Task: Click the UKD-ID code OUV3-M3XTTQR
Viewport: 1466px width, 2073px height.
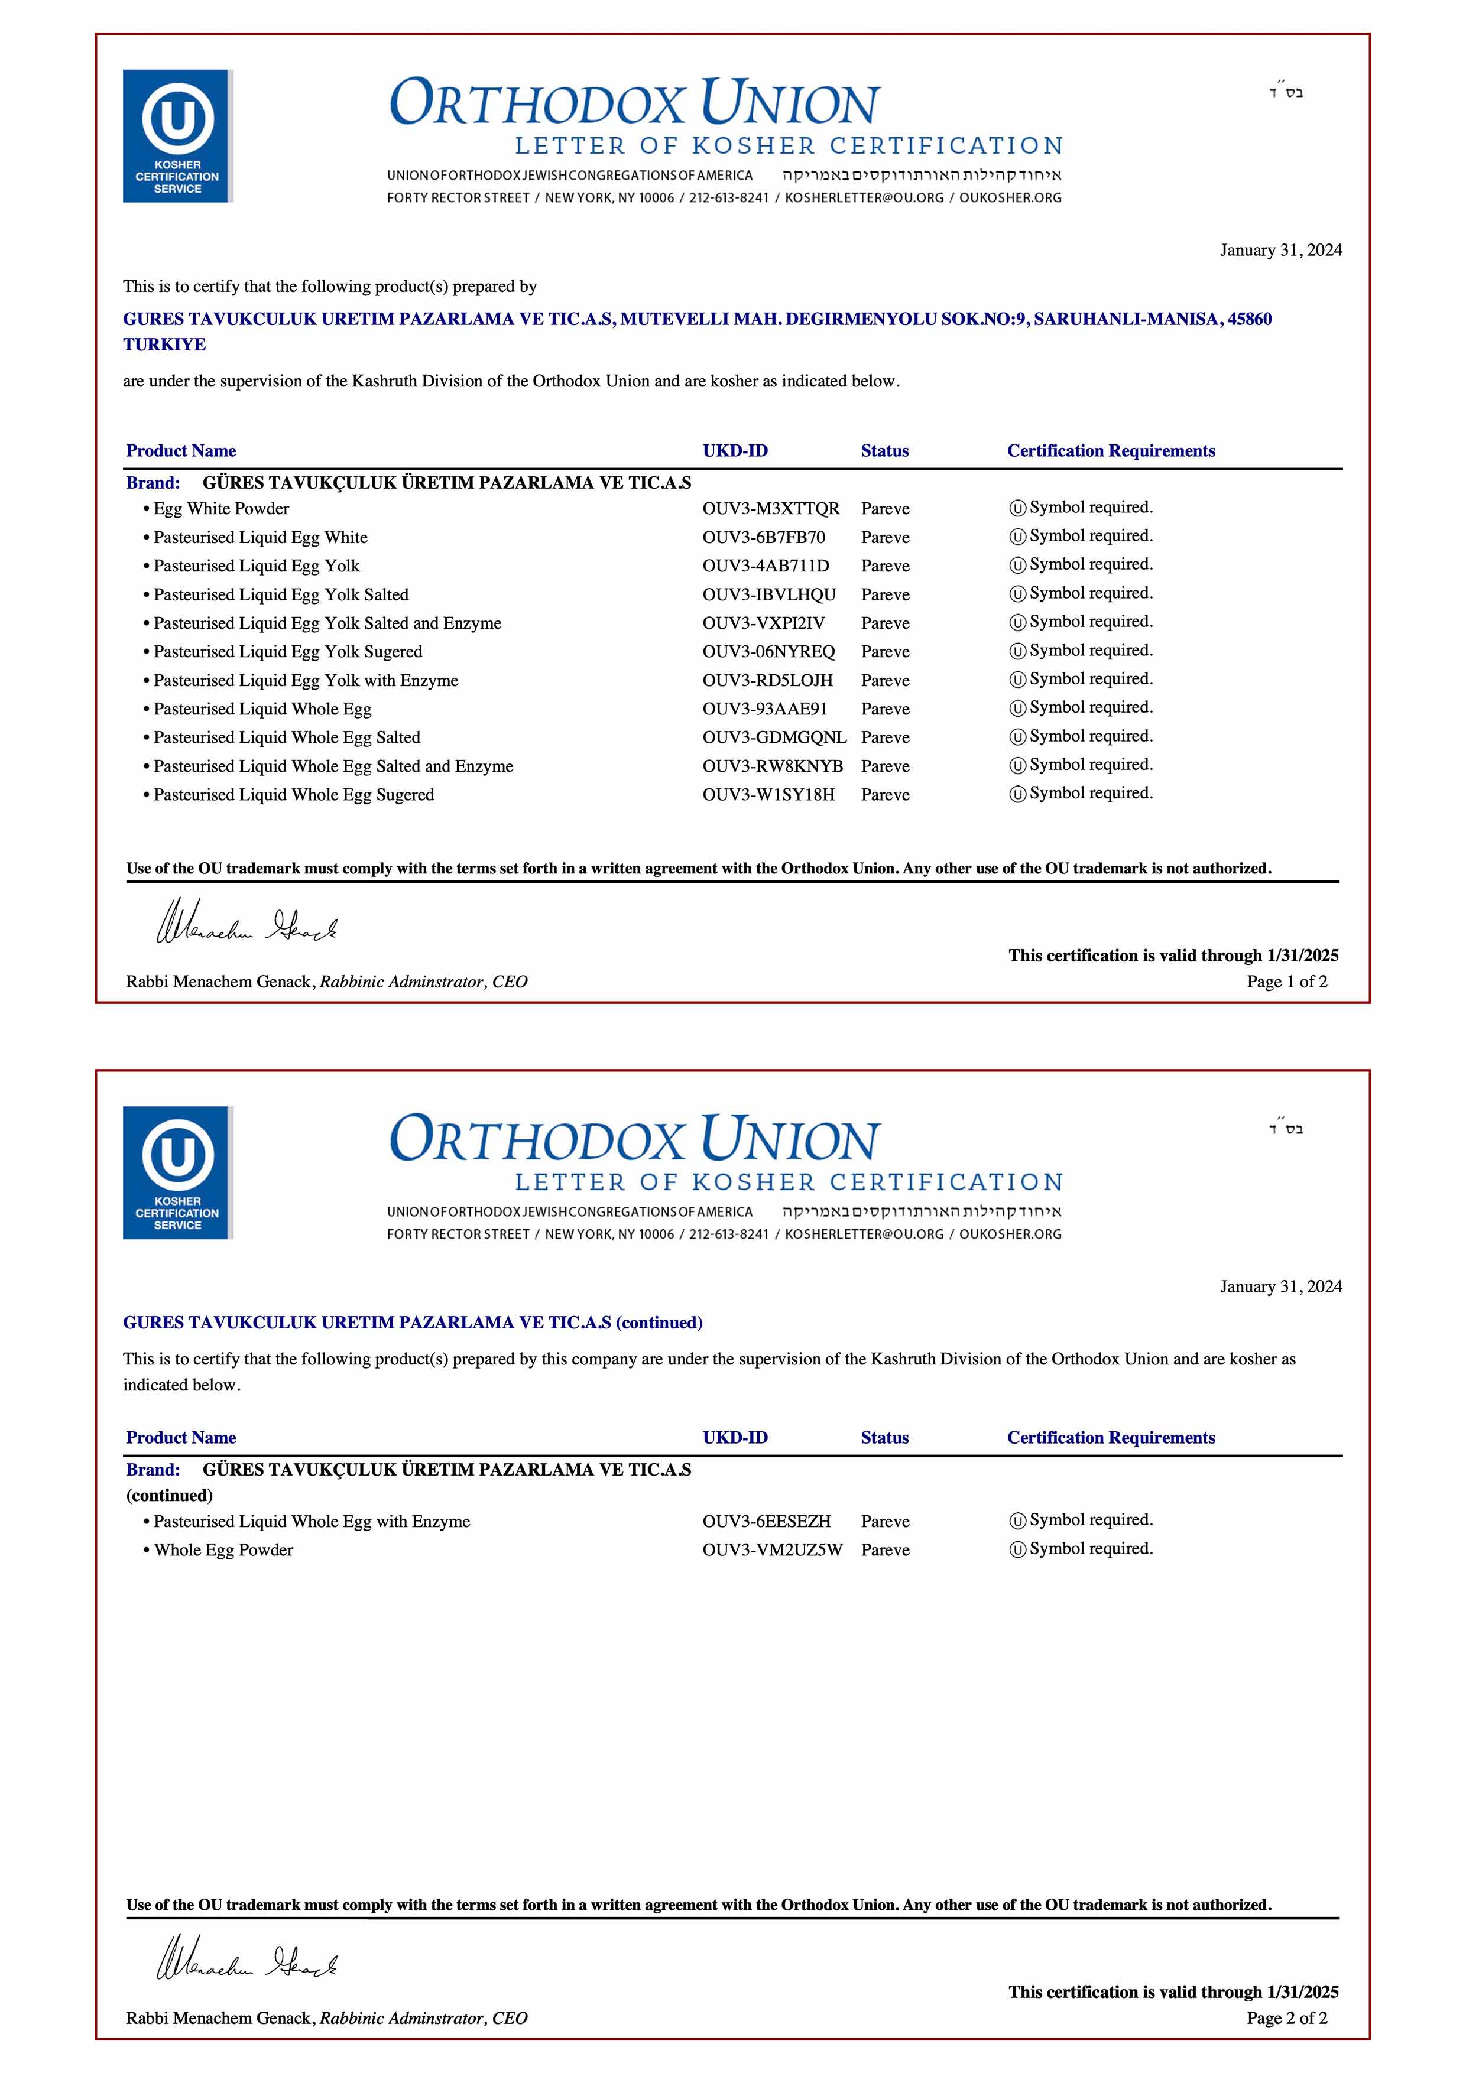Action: pyautogui.click(x=770, y=508)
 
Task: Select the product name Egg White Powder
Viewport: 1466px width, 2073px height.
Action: pyautogui.click(x=221, y=508)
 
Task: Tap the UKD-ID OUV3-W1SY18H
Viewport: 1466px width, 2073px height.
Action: pyautogui.click(x=768, y=795)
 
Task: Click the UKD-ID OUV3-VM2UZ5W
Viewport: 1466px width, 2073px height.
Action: pyautogui.click(x=772, y=1549)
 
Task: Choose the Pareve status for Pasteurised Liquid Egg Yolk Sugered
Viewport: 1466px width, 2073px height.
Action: pyautogui.click(x=884, y=652)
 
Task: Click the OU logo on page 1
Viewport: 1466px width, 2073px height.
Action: pyautogui.click(x=177, y=135)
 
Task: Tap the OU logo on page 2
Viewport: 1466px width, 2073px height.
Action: pyautogui.click(x=177, y=1172)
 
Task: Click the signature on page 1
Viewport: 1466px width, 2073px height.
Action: pyautogui.click(x=247, y=922)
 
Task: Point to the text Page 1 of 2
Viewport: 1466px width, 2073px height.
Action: pyautogui.click(x=1286, y=982)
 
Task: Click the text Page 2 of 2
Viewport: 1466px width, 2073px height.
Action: pyautogui.click(x=1286, y=2018)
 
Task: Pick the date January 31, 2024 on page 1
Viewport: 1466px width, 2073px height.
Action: pyautogui.click(x=1280, y=250)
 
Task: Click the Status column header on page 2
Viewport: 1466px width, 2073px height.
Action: pyautogui.click(x=884, y=1437)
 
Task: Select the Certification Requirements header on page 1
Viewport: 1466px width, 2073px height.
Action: pyautogui.click(x=1110, y=450)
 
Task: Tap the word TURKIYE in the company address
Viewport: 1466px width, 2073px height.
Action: pyautogui.click(x=164, y=345)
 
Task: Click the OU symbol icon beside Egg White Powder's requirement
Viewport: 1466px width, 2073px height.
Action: pyautogui.click(x=1017, y=508)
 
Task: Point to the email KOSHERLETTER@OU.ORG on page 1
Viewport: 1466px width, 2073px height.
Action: pyautogui.click(x=864, y=198)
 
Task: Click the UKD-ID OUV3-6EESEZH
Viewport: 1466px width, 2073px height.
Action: pyautogui.click(x=766, y=1521)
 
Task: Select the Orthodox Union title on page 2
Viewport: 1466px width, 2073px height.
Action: pyautogui.click(x=634, y=1139)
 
